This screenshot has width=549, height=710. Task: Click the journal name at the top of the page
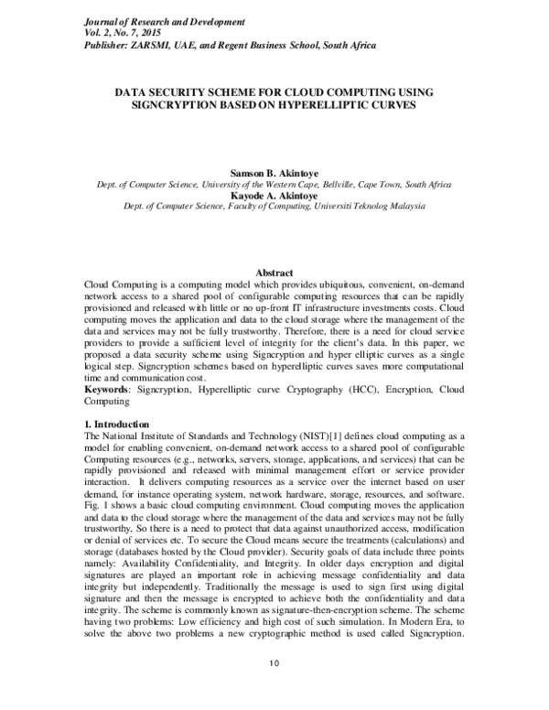pos(151,19)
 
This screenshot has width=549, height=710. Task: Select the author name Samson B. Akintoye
pos(274,172)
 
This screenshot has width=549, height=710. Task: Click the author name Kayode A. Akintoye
pos(274,195)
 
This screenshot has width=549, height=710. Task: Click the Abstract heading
pos(274,274)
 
